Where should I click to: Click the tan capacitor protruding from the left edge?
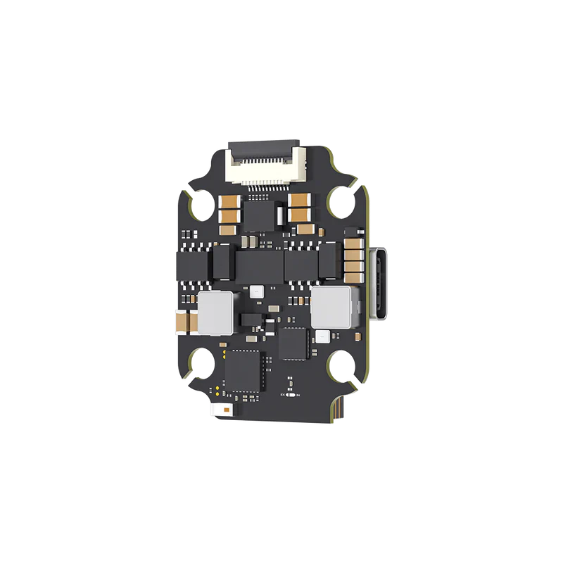[181, 320]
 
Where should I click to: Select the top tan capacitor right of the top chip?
[298, 199]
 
